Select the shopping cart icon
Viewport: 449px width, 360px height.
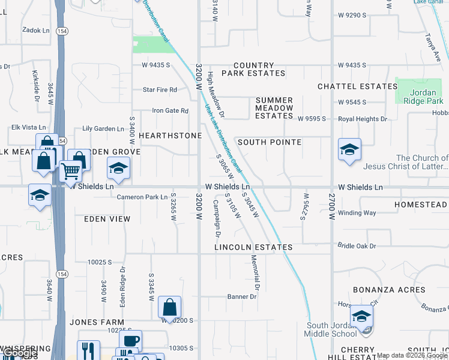pos(71,171)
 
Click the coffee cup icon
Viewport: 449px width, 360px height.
pos(130,341)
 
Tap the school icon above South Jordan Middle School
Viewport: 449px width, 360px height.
pos(361,316)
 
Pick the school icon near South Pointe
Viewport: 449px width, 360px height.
pos(349,150)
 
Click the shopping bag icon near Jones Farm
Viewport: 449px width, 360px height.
pos(170,307)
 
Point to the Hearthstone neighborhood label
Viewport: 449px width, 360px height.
pos(170,136)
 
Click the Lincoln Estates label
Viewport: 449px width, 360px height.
pos(254,247)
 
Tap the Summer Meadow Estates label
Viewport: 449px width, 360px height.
pos(274,108)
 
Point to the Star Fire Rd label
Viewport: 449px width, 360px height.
pos(160,90)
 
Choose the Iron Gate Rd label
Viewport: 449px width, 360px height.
pos(170,110)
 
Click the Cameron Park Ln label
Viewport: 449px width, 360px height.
pos(142,197)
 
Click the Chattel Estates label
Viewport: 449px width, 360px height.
pos(358,86)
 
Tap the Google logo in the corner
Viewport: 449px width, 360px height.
pos(20,353)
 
